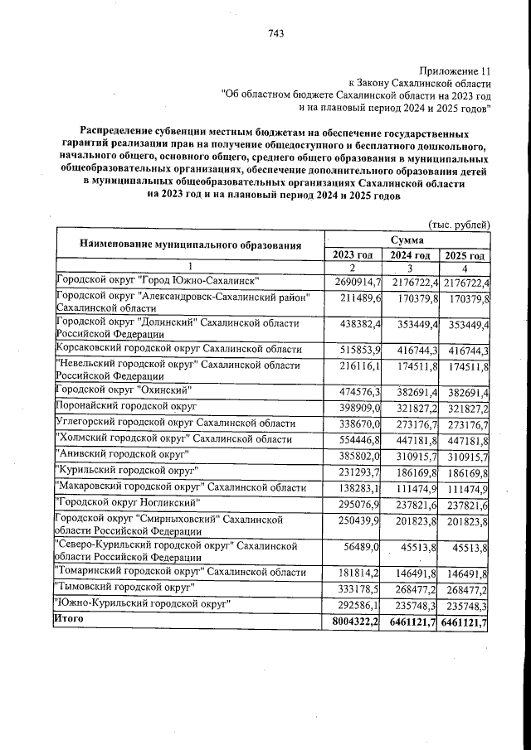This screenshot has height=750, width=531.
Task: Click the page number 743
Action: [x=276, y=34]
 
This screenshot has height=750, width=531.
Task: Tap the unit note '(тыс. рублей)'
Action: [x=459, y=225]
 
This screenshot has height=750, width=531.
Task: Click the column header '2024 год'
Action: [x=410, y=254]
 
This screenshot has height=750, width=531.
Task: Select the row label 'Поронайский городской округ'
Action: [x=125, y=407]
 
